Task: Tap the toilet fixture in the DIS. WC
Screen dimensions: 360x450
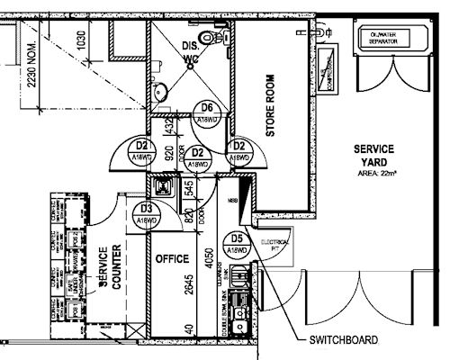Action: point(211,38)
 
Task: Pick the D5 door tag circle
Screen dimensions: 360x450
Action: point(237,244)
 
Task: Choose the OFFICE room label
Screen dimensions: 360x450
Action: point(172,259)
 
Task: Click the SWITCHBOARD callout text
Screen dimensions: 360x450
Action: point(341,341)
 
